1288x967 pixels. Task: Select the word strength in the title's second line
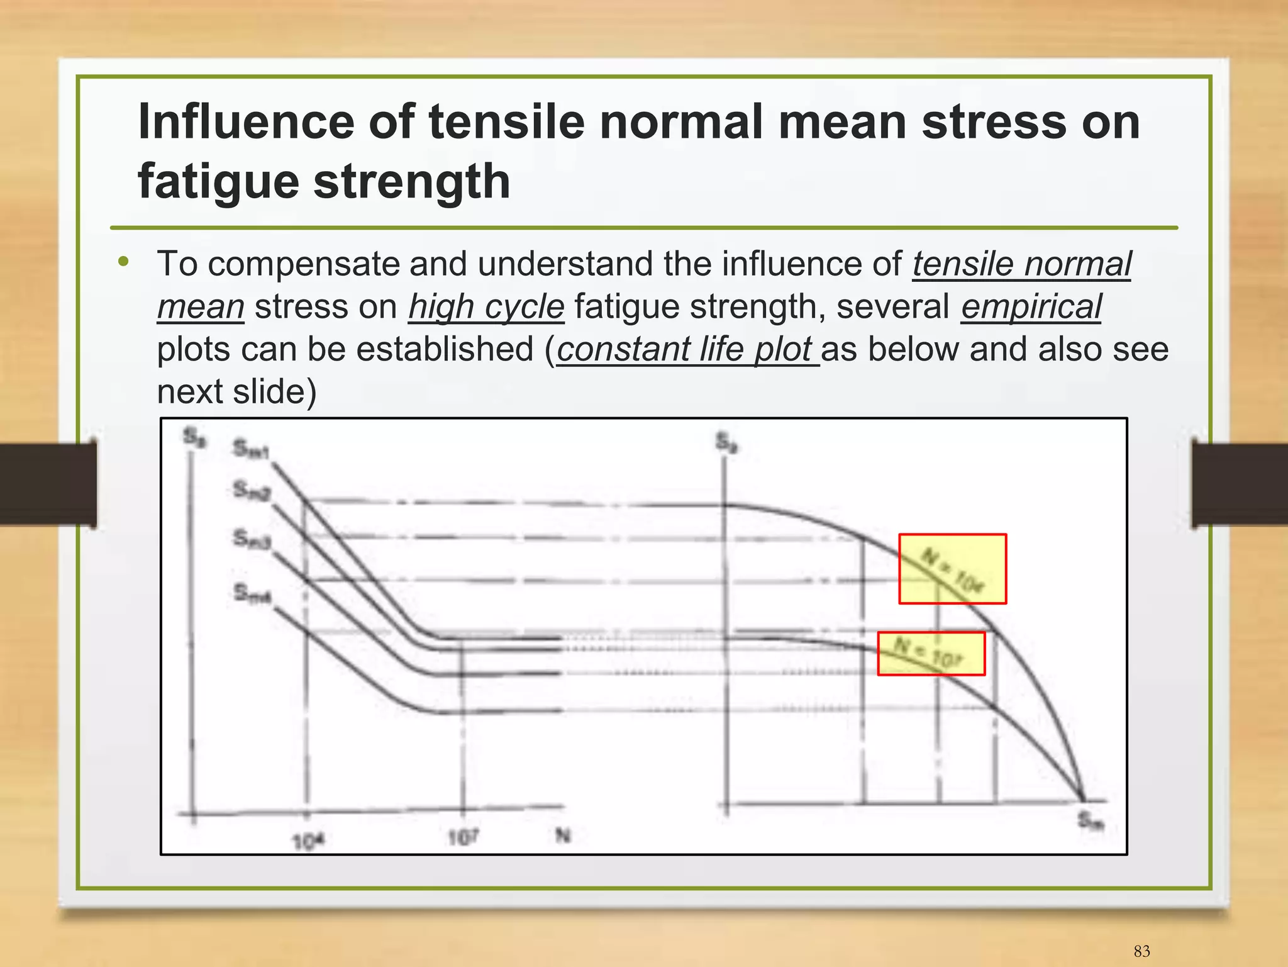coord(412,181)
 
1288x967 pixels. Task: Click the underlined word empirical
coord(1031,307)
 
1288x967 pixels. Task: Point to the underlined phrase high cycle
coord(486,307)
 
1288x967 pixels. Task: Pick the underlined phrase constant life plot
coord(687,350)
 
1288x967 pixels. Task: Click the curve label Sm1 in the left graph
coord(251,449)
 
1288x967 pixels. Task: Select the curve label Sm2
coord(251,490)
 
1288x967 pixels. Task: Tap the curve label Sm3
coord(252,539)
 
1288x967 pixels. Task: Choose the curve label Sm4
coord(252,593)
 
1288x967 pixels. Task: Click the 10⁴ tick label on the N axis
coord(308,841)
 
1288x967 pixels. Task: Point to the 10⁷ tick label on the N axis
coord(464,837)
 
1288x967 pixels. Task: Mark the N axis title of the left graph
coord(563,836)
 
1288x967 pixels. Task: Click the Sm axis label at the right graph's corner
coord(1091,821)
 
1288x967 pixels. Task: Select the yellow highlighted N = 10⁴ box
coord(952,569)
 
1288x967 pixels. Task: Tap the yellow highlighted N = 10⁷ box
coord(931,654)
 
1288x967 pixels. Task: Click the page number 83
coord(1142,951)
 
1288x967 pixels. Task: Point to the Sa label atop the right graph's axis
coord(727,442)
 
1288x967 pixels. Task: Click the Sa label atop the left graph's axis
coord(194,436)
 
